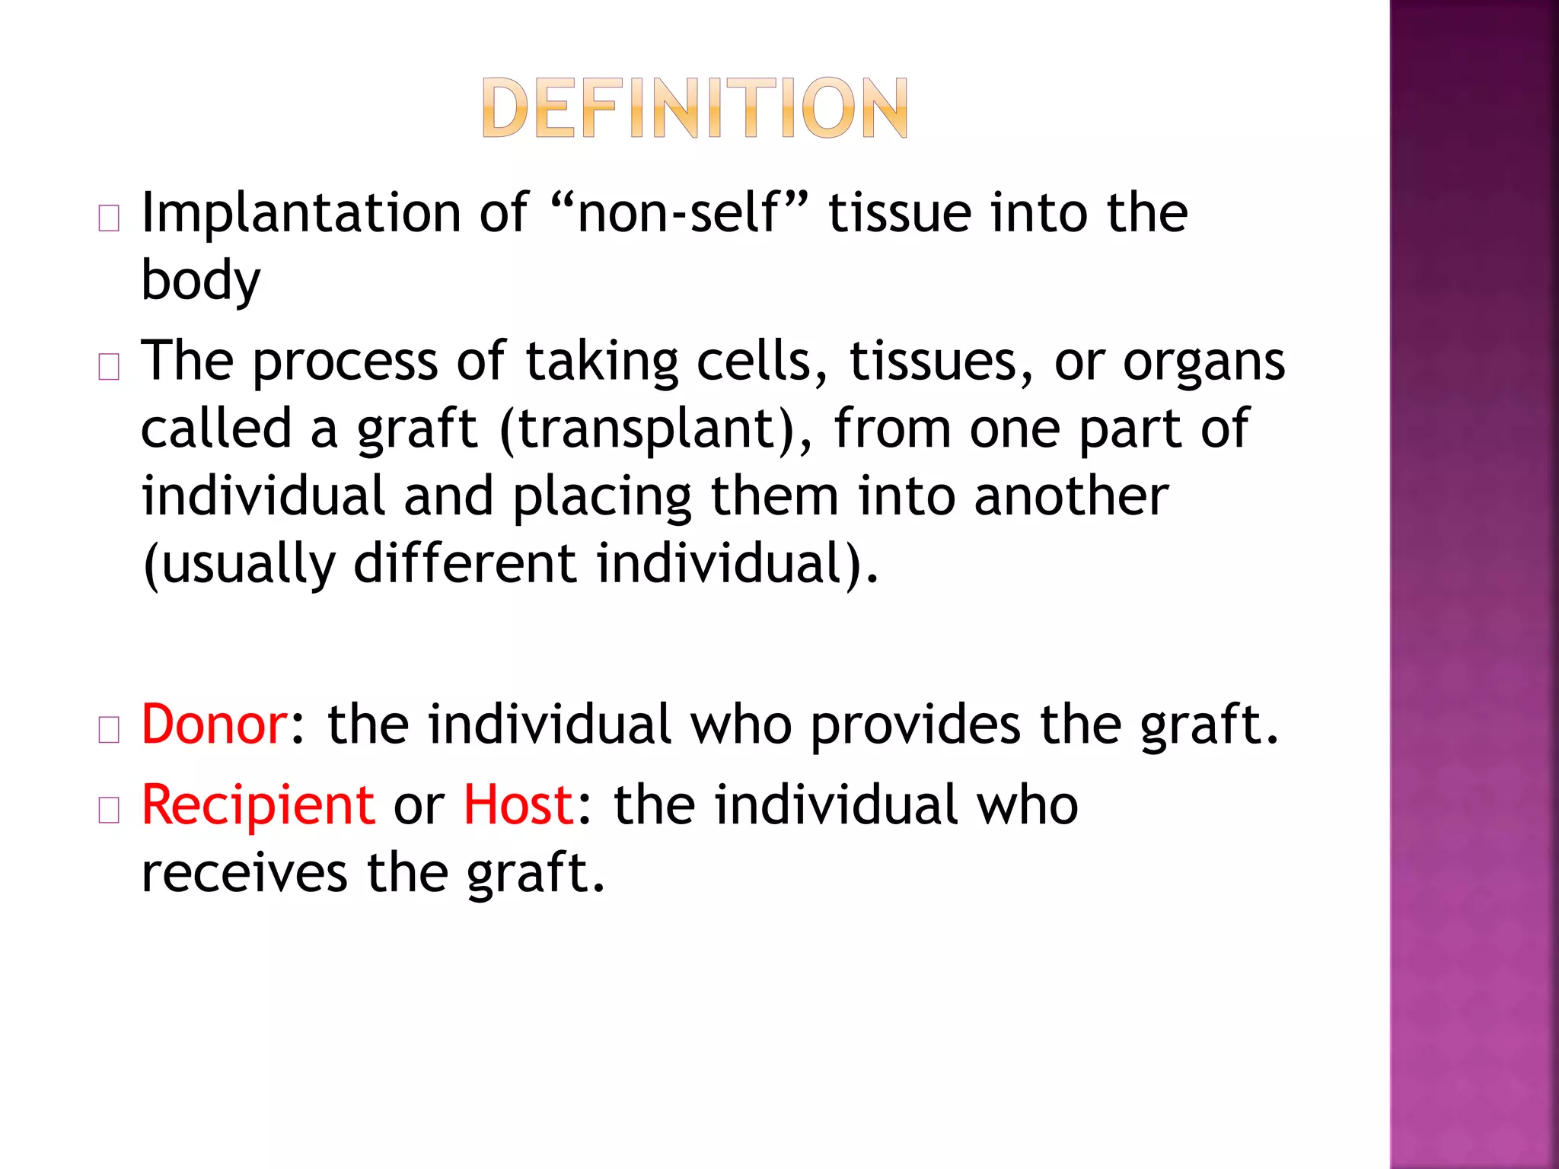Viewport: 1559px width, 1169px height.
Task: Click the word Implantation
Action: click(x=301, y=213)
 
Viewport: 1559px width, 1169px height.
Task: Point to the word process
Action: click(x=344, y=362)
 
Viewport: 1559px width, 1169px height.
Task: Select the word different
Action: click(x=465, y=564)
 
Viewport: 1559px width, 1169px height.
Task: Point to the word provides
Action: click(x=914, y=725)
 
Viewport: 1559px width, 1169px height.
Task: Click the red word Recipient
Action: click(x=258, y=806)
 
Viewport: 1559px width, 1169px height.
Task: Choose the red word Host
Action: click(x=518, y=804)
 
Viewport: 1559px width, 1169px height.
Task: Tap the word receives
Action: click(x=244, y=873)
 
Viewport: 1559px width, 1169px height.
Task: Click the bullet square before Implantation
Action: click(x=109, y=219)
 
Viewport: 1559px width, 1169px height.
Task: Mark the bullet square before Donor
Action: click(x=109, y=731)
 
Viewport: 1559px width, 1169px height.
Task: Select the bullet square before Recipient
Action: click(x=109, y=811)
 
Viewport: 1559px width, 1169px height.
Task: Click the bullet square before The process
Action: click(x=109, y=368)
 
